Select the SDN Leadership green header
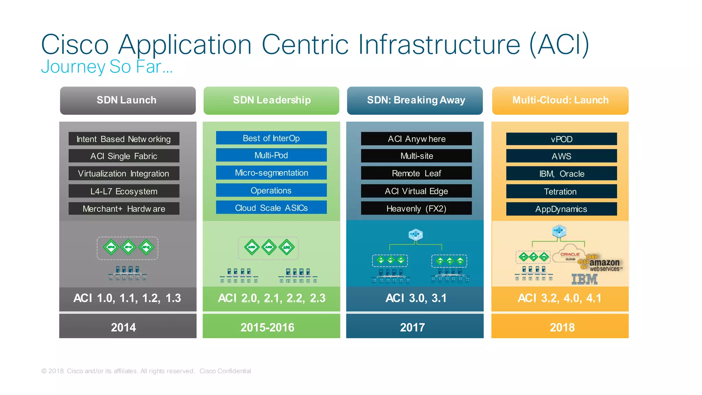coord(271,100)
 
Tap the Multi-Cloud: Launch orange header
coord(560,100)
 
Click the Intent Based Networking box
coord(124,139)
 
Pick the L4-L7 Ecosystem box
coord(124,191)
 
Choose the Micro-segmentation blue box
coord(271,173)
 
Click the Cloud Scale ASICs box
coord(271,208)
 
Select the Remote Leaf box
coord(416,173)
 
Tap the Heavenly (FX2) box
coord(416,208)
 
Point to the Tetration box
coord(561,191)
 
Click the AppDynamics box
coord(561,209)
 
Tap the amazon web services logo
coord(602,264)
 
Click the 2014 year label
coord(124,327)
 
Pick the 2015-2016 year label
coord(267,327)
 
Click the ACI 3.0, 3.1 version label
coord(416,298)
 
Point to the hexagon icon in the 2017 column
coord(415,235)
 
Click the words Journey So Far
coord(106,67)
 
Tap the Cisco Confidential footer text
coord(225,371)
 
